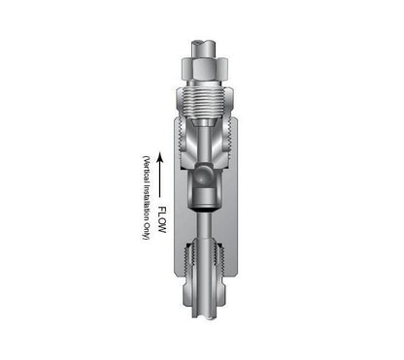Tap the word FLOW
pos(161,220)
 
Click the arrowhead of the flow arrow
pos(159,158)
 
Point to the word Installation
pos(147,200)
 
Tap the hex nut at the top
pos(204,69)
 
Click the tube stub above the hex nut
pos(204,49)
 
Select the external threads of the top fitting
pos(204,102)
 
